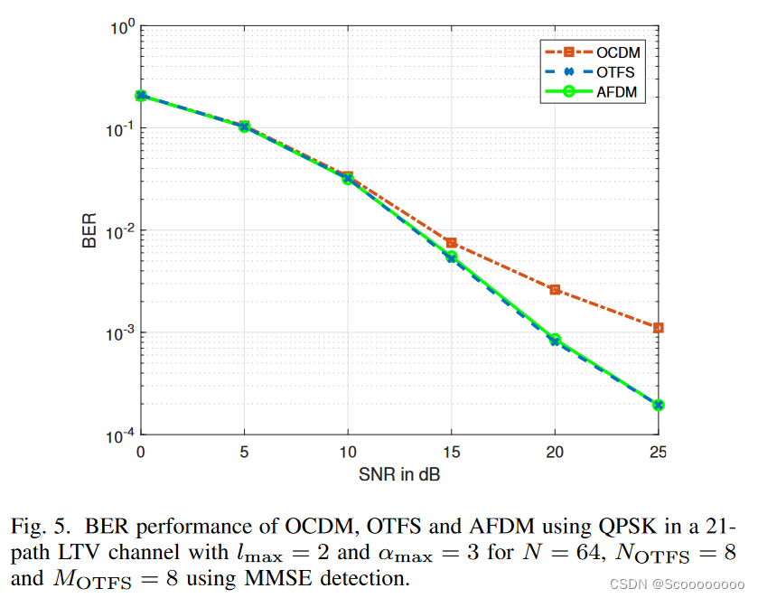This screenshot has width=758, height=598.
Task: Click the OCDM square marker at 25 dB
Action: tap(659, 328)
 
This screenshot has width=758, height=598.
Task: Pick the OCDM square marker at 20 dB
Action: tap(555, 290)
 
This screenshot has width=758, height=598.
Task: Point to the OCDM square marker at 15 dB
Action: tap(451, 243)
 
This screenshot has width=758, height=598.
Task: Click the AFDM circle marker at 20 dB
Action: tap(555, 340)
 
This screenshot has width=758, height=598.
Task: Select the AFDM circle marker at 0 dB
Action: tap(141, 96)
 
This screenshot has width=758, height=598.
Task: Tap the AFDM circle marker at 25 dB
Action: tap(659, 405)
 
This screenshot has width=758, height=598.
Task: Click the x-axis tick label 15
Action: tap(451, 451)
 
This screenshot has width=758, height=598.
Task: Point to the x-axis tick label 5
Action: tap(244, 451)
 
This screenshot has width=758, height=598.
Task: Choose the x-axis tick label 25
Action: tap(658, 451)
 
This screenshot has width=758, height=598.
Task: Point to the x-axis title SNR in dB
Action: tap(399, 472)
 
